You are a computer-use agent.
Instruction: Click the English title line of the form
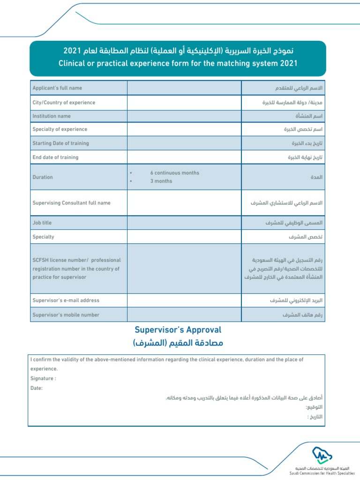click(178, 63)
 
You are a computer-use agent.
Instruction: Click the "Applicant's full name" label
click(57, 88)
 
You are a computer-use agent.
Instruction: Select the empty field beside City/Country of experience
click(184, 103)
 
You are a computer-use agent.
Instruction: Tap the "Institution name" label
click(51, 116)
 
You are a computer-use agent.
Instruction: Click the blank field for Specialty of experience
click(184, 129)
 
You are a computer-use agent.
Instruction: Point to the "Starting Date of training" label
click(60, 143)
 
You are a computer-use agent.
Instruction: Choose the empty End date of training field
click(184, 157)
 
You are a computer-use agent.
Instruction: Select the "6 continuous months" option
click(174, 173)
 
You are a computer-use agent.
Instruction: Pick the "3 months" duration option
click(161, 181)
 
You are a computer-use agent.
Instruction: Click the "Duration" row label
click(43, 177)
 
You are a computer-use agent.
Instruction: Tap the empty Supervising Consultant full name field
click(184, 203)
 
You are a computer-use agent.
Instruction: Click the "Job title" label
click(42, 223)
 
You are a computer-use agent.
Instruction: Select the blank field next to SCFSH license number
click(184, 269)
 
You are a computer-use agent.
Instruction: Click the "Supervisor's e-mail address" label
click(66, 300)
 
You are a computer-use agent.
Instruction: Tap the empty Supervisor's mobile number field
click(184, 315)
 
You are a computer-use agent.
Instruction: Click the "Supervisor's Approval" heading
click(178, 330)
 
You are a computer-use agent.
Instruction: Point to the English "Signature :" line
click(43, 378)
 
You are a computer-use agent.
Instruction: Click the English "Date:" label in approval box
click(37, 388)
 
